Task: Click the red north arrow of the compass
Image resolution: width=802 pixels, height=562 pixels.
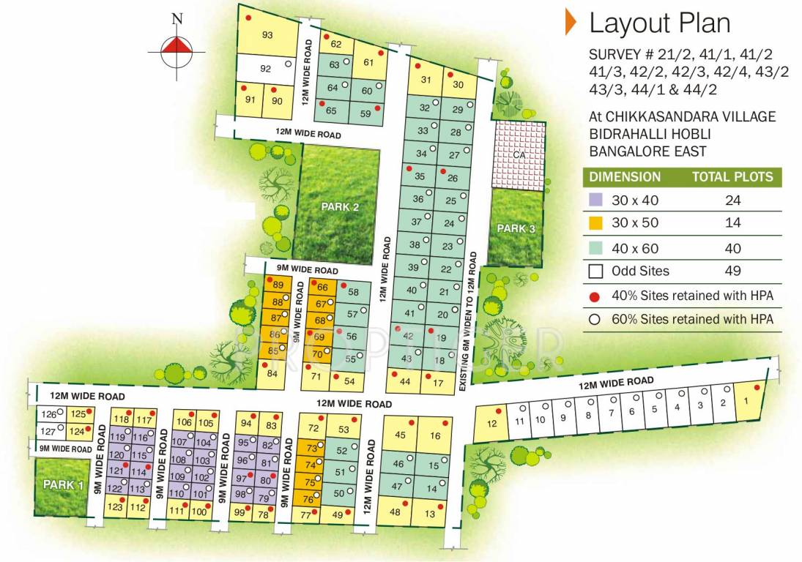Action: (177, 46)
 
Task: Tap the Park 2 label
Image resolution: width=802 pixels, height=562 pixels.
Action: (341, 207)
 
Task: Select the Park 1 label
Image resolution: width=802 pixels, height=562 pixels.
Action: (64, 484)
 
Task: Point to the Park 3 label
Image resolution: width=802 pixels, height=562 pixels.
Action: (516, 229)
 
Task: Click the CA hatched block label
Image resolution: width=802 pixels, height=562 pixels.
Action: (519, 154)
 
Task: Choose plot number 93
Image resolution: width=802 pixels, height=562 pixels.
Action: (267, 35)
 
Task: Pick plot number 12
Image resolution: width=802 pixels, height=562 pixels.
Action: (492, 424)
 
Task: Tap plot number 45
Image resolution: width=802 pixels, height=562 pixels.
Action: (399, 435)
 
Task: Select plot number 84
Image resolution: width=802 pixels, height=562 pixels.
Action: (272, 374)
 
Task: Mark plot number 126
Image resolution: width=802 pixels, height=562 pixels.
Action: (48, 414)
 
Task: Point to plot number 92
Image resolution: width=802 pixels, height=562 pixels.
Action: (266, 70)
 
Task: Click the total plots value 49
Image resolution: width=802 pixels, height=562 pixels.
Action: (732, 271)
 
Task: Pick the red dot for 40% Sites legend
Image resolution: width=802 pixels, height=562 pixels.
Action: (595, 295)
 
